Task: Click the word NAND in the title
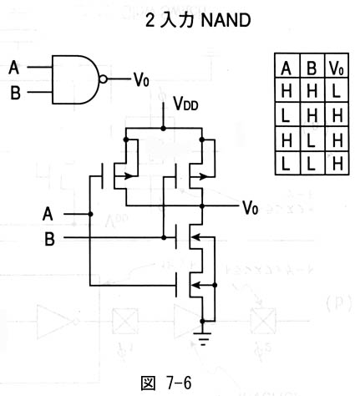coord(226,20)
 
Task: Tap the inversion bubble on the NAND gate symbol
coord(103,79)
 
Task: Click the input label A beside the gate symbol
coord(14,68)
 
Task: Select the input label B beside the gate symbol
coord(15,93)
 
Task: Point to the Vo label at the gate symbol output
coord(141,79)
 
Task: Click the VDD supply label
coord(185,104)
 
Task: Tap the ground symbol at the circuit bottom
coord(202,338)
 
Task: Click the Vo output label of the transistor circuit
coord(250,207)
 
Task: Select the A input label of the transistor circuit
coord(48,214)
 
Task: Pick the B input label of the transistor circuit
coord(49,239)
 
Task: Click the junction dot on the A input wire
coord(90,214)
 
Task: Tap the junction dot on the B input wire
coord(164,237)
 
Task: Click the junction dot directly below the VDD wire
coord(163,129)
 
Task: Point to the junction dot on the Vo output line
coord(202,206)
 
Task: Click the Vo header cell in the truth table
coord(337,65)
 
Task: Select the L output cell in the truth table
coord(337,90)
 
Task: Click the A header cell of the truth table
coord(287,65)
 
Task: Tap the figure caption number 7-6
coord(179,383)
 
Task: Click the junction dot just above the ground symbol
coord(202,321)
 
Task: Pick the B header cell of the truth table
coord(312,65)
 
